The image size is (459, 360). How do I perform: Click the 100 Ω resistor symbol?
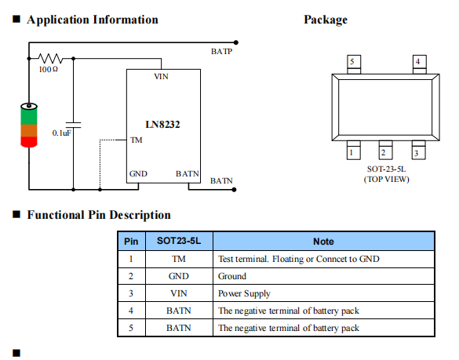click(x=50, y=59)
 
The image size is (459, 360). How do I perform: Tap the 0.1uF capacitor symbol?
click(x=73, y=125)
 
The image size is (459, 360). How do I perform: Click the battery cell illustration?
click(x=29, y=125)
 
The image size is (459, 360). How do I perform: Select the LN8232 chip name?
click(x=162, y=125)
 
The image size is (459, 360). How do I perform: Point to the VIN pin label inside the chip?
click(x=161, y=76)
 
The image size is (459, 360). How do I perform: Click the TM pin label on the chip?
click(x=137, y=140)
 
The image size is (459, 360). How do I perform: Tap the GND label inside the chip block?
click(x=138, y=174)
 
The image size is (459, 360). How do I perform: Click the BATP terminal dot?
click(x=236, y=42)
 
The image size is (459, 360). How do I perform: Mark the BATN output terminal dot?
click(x=234, y=190)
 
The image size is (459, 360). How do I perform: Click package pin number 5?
click(x=352, y=61)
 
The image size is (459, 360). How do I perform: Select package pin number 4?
click(x=417, y=61)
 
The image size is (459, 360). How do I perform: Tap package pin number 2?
click(x=383, y=152)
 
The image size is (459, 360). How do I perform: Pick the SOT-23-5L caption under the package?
click(x=386, y=169)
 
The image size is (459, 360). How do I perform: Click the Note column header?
click(x=323, y=242)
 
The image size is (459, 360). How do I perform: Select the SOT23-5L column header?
click(x=179, y=241)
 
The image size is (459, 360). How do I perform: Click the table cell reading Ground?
click(x=232, y=276)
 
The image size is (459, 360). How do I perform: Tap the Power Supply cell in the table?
click(x=244, y=293)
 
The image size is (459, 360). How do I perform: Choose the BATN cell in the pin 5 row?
click(x=179, y=328)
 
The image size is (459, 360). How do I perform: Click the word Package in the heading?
click(x=326, y=20)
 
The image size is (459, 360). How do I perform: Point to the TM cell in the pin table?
click(x=179, y=259)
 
